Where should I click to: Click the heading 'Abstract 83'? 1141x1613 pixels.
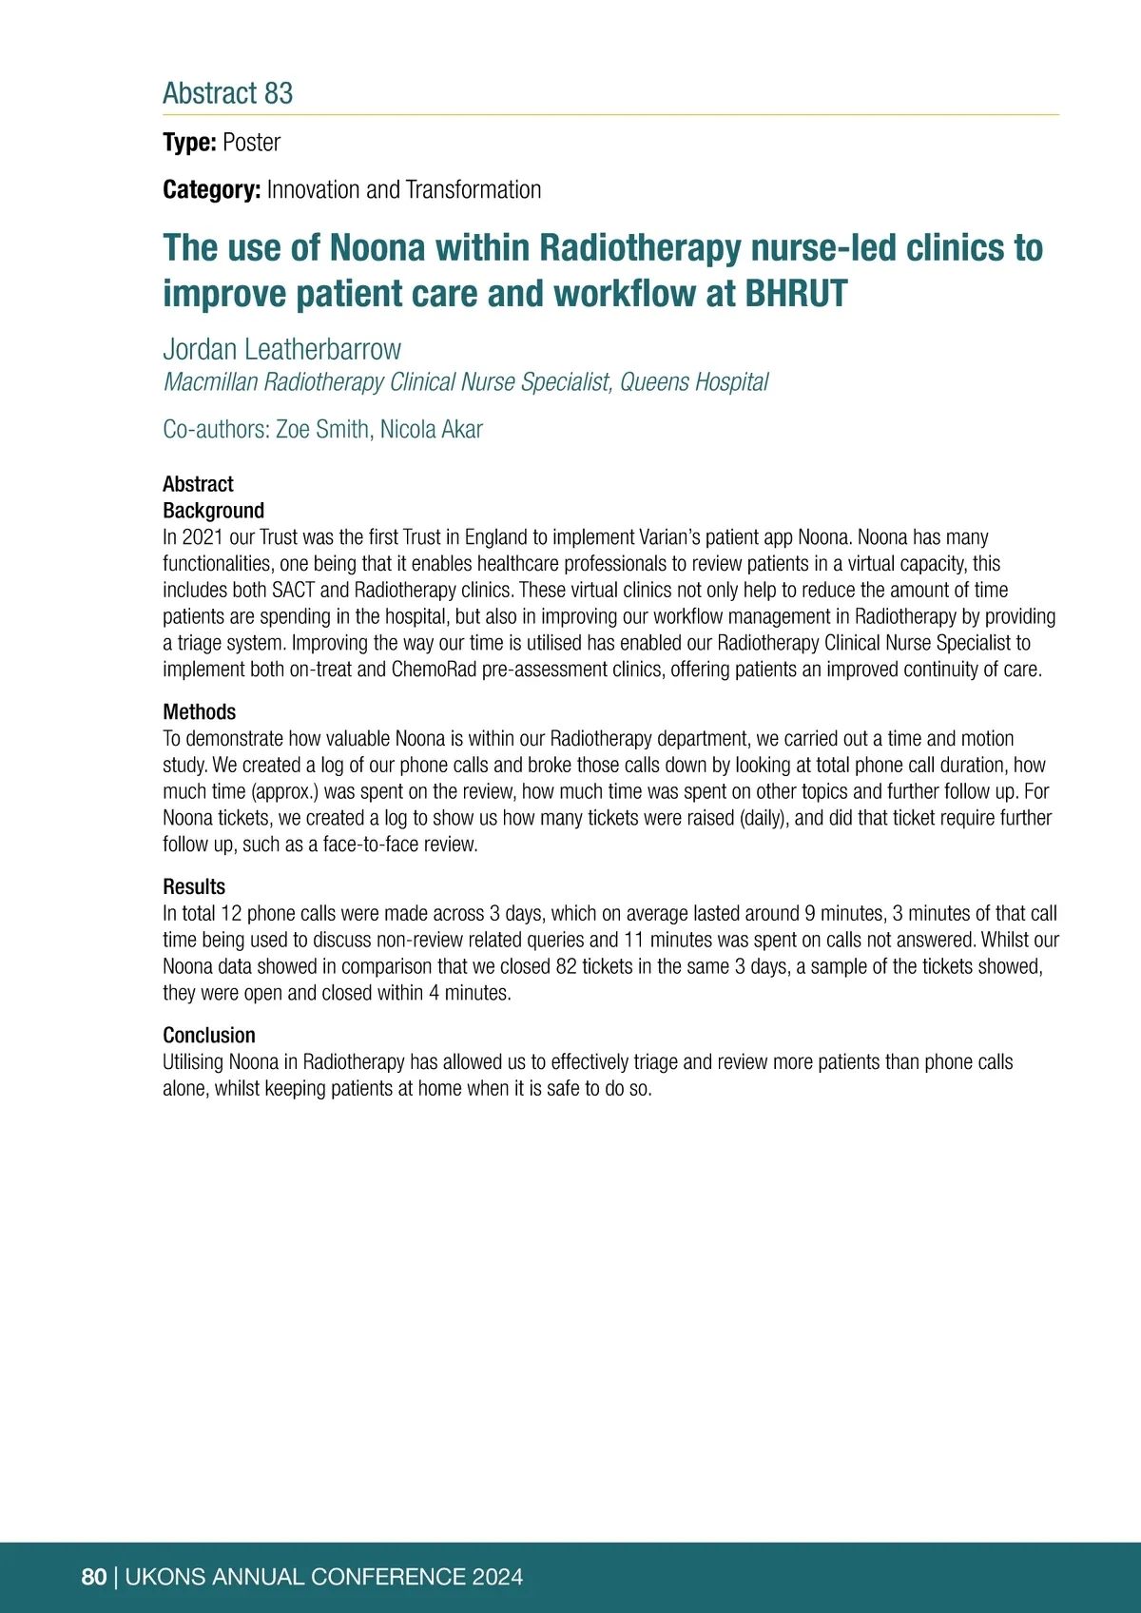(228, 93)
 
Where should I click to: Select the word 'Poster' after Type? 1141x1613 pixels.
(251, 143)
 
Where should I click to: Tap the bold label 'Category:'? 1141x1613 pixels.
(211, 190)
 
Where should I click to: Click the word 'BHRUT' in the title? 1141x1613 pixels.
(796, 294)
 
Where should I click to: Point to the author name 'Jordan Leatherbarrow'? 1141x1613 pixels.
(281, 349)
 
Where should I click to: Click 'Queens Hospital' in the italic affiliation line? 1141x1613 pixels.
(694, 382)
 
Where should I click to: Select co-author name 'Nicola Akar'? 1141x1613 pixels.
(432, 430)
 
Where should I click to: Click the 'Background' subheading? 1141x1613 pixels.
(213, 511)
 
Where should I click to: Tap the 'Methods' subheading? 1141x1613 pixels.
(199, 712)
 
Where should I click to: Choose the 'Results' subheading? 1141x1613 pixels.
(194, 887)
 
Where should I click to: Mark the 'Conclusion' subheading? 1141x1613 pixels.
(209, 1036)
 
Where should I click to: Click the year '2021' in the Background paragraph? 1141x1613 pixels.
(203, 537)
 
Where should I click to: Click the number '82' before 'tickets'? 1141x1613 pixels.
(567, 967)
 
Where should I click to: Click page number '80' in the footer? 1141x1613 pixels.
(94, 1577)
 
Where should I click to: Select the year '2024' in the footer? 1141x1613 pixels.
(497, 1577)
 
